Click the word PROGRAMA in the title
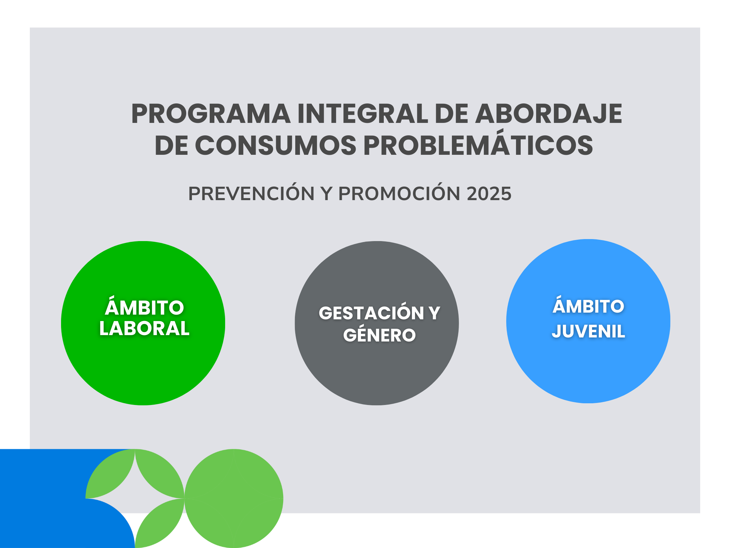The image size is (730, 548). [211, 113]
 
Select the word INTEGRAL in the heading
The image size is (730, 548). [363, 113]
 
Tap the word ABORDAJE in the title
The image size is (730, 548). [549, 113]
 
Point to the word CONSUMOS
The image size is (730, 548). [275, 145]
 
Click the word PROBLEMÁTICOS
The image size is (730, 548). [478, 142]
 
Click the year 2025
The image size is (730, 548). [489, 194]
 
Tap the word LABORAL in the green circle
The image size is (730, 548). [145, 328]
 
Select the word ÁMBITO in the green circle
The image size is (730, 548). [145, 306]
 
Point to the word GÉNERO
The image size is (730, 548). [379, 333]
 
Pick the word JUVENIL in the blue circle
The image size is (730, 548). [588, 331]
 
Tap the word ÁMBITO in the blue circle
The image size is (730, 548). [588, 305]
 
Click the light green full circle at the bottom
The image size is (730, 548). [234, 498]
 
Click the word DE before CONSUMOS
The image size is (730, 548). [171, 145]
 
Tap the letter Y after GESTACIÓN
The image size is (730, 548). [434, 313]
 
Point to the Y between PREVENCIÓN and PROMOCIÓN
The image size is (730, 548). [326, 194]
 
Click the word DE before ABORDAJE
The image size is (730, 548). [452, 113]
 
